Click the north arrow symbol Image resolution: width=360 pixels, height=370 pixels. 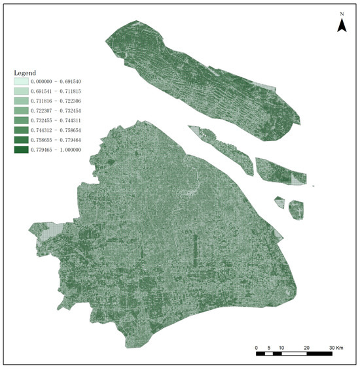click(x=342, y=25)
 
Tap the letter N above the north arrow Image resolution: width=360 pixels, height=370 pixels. click(x=342, y=13)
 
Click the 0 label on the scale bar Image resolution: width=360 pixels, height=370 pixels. click(x=257, y=346)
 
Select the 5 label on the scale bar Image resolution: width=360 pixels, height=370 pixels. click(x=269, y=346)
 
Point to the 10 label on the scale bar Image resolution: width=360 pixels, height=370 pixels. click(x=281, y=346)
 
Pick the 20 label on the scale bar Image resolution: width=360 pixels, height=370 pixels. click(x=306, y=346)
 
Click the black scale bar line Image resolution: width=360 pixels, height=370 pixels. click(x=294, y=354)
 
